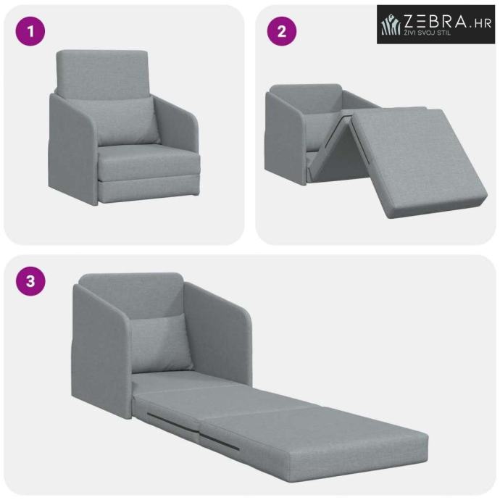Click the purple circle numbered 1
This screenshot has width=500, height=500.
(x=30, y=31)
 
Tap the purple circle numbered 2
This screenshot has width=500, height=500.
(x=282, y=31)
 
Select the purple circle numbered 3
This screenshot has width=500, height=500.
(x=30, y=281)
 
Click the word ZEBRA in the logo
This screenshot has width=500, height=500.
(x=435, y=22)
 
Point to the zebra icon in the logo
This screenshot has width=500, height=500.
(x=391, y=25)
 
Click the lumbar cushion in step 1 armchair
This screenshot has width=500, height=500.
(x=128, y=121)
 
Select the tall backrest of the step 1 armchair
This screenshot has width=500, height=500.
(x=102, y=74)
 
